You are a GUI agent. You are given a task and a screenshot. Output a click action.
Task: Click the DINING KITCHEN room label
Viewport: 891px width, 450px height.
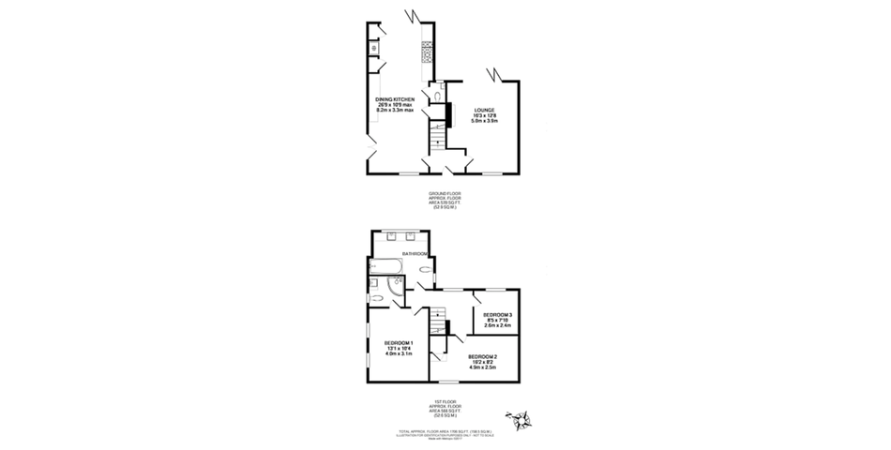coord(395,98)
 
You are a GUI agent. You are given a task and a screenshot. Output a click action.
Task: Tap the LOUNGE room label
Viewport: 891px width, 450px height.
coord(484,110)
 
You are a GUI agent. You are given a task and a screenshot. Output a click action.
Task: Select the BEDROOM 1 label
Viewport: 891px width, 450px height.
coord(400,343)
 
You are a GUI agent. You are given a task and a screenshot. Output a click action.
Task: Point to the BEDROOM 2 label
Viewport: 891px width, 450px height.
coord(483,356)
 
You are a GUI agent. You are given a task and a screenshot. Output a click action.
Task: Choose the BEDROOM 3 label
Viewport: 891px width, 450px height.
coord(497,314)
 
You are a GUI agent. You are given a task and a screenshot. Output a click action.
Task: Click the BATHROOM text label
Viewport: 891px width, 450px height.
coord(415,254)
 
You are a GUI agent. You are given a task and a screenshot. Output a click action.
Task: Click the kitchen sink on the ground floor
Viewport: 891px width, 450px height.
coord(373,47)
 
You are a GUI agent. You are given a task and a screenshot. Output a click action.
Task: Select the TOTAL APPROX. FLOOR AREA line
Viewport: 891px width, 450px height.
coord(445,430)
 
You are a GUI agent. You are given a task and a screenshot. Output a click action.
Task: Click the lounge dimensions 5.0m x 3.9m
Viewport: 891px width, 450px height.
coord(484,121)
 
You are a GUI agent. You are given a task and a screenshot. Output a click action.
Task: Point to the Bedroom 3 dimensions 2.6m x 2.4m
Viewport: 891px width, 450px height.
coord(497,325)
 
